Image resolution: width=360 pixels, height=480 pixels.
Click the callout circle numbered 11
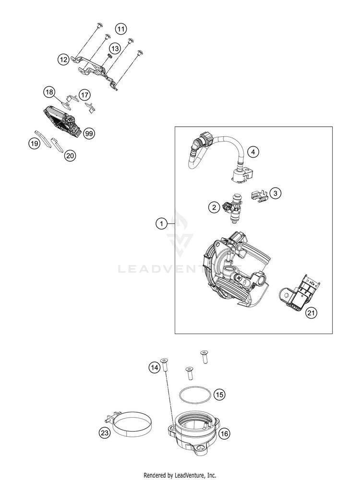click(x=121, y=29)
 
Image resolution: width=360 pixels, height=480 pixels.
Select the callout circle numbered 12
click(x=63, y=60)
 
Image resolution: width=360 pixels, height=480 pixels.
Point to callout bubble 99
click(x=88, y=133)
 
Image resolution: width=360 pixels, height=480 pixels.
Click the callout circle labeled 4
click(x=254, y=152)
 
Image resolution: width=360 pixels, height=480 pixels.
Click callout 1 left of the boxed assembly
click(x=162, y=223)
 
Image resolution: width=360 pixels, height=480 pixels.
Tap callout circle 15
click(x=219, y=395)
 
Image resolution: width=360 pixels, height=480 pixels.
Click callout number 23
click(x=105, y=433)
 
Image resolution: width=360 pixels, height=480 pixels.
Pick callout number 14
click(x=154, y=368)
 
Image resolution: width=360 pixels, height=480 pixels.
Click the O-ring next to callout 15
click(x=195, y=396)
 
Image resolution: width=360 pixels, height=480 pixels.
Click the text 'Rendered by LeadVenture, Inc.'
click(x=180, y=475)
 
